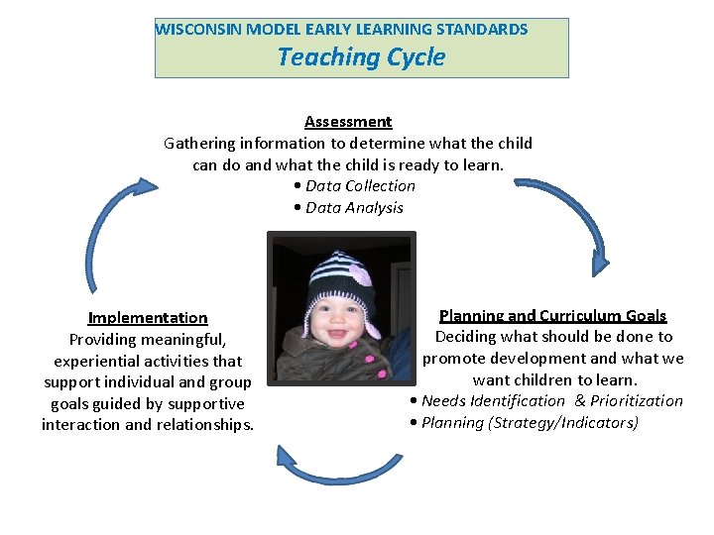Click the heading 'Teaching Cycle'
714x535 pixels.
point(361,57)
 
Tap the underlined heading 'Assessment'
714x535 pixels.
point(348,122)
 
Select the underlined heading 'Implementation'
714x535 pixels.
point(148,318)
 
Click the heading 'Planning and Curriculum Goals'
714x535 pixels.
point(552,316)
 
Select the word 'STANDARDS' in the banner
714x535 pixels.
point(484,30)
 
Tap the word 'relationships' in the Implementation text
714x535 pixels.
point(204,425)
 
